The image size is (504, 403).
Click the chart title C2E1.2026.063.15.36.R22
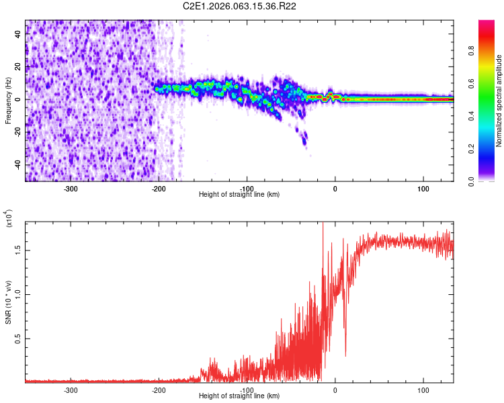pos(240,6)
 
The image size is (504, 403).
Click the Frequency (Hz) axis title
pos(8,101)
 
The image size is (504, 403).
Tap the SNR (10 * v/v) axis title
pos(8,302)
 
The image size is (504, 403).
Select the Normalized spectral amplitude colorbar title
pos(499,101)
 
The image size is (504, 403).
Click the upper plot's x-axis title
pos(239,194)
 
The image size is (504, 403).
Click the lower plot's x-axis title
pos(239,396)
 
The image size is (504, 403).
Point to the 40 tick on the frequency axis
pos(18,35)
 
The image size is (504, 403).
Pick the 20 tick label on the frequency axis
pos(18,67)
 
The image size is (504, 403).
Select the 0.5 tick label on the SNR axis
pos(18,339)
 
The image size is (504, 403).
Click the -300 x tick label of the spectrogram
pos(71,188)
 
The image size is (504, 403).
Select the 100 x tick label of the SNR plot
pos(423,390)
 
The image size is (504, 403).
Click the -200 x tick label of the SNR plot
pos(159,390)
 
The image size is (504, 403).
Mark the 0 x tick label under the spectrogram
pos(335,188)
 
